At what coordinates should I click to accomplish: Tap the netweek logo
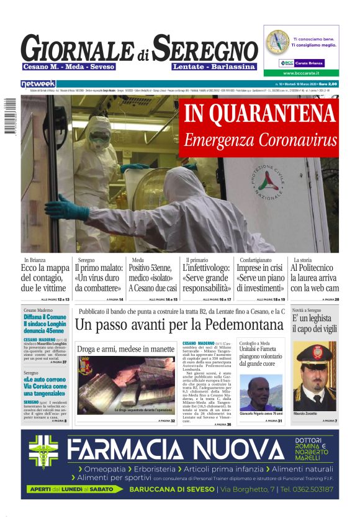coord(38,83)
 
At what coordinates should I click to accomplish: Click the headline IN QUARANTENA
coord(259,114)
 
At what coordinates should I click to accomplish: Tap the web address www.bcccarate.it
coord(300,73)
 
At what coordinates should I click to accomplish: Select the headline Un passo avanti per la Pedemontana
coord(179,324)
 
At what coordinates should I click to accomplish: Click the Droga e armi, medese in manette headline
coord(125,348)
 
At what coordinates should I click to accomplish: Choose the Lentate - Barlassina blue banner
coord(214,66)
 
